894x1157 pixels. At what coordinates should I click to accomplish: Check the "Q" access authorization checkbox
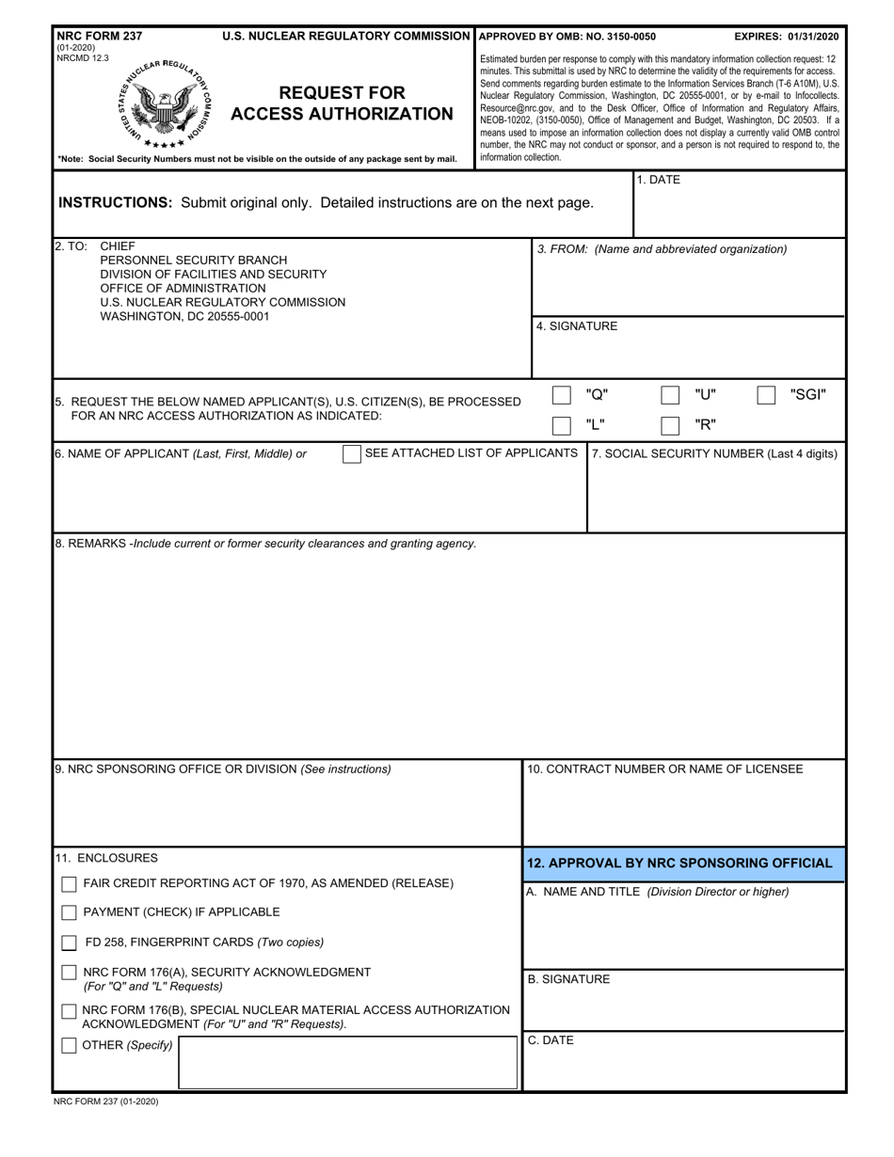point(561,395)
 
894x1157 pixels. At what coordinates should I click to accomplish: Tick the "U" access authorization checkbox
point(670,395)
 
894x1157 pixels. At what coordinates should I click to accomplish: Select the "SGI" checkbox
point(766,395)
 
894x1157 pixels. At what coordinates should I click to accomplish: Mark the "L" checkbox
point(561,425)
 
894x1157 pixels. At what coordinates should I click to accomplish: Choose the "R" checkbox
point(670,425)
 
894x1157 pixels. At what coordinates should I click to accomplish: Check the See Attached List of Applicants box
point(351,454)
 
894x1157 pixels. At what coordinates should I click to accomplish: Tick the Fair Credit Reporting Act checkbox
point(69,884)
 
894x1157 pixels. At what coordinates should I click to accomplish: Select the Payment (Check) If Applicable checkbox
point(69,912)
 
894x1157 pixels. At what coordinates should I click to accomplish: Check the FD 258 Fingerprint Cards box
point(69,943)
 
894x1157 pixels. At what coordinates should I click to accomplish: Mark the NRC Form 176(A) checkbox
point(69,973)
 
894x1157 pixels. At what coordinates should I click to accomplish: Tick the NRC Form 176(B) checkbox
point(69,1011)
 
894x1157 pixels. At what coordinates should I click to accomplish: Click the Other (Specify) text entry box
point(347,1062)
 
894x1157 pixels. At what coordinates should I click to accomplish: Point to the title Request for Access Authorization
point(342,103)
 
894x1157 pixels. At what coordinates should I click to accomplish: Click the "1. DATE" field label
point(658,180)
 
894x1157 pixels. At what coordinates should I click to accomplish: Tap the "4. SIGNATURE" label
point(577,326)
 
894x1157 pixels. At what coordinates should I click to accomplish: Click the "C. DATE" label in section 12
point(551,1040)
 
